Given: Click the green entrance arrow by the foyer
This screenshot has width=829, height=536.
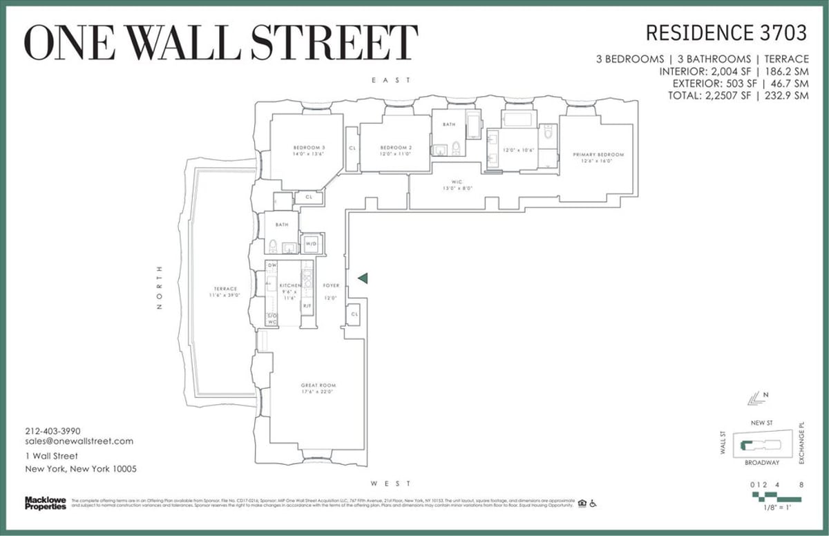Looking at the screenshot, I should click(x=363, y=278).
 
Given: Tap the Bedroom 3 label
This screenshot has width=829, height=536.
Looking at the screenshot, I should click(x=309, y=148).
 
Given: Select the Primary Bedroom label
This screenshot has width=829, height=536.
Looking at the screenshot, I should click(x=598, y=155).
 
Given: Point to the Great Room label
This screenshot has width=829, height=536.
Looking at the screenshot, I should click(x=318, y=385).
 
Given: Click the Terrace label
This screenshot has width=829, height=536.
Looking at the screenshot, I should click(x=225, y=289).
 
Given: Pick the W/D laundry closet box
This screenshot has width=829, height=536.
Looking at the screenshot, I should click(x=311, y=243).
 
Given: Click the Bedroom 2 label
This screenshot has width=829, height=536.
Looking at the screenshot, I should click(x=396, y=148).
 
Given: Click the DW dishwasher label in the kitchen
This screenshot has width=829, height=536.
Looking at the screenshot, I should click(x=272, y=265).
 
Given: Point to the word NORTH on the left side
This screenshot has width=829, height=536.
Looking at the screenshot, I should click(x=159, y=287).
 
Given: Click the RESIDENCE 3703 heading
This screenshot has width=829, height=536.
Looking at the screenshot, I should click(x=726, y=32).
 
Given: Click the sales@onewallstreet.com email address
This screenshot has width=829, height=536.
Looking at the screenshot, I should click(x=79, y=441).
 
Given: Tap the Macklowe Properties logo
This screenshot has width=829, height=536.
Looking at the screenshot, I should click(x=46, y=503).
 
